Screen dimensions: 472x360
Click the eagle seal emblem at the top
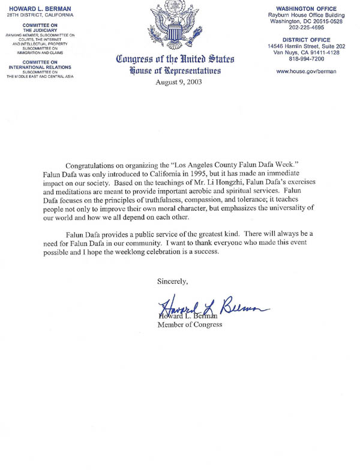(x=175, y=25)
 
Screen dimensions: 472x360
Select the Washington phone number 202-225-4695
(x=306, y=27)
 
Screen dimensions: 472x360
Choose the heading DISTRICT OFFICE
(x=306, y=41)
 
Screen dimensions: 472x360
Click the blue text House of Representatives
(x=175, y=71)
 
